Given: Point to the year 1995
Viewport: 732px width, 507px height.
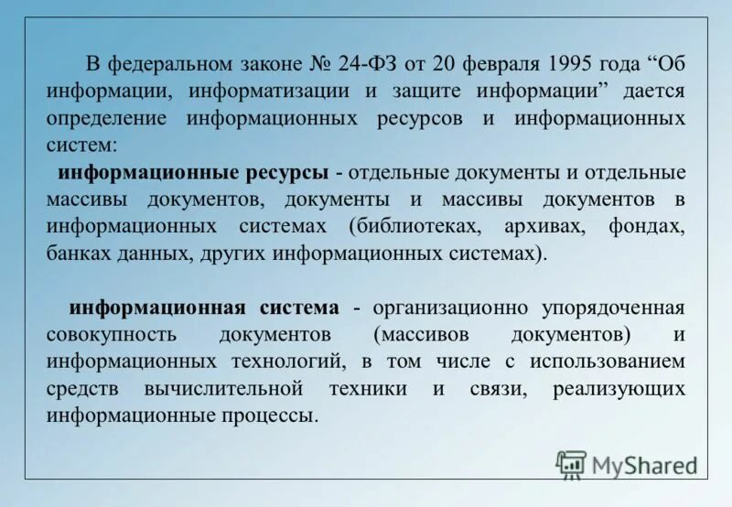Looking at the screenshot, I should click(x=570, y=66).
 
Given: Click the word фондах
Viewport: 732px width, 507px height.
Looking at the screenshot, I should click(x=645, y=227).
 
